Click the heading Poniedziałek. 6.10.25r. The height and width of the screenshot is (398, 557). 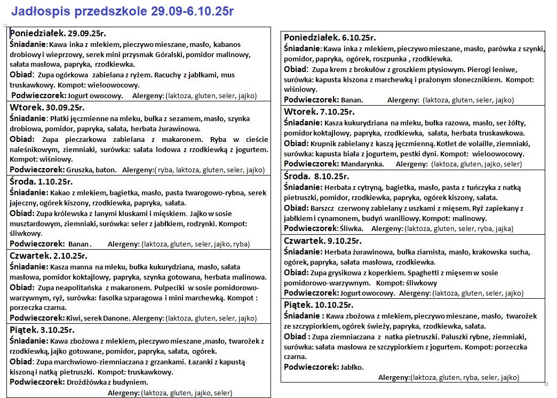click(x=330, y=37)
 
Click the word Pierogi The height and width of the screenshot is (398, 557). click(x=467, y=70)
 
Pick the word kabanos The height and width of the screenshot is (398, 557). click(x=229, y=44)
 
